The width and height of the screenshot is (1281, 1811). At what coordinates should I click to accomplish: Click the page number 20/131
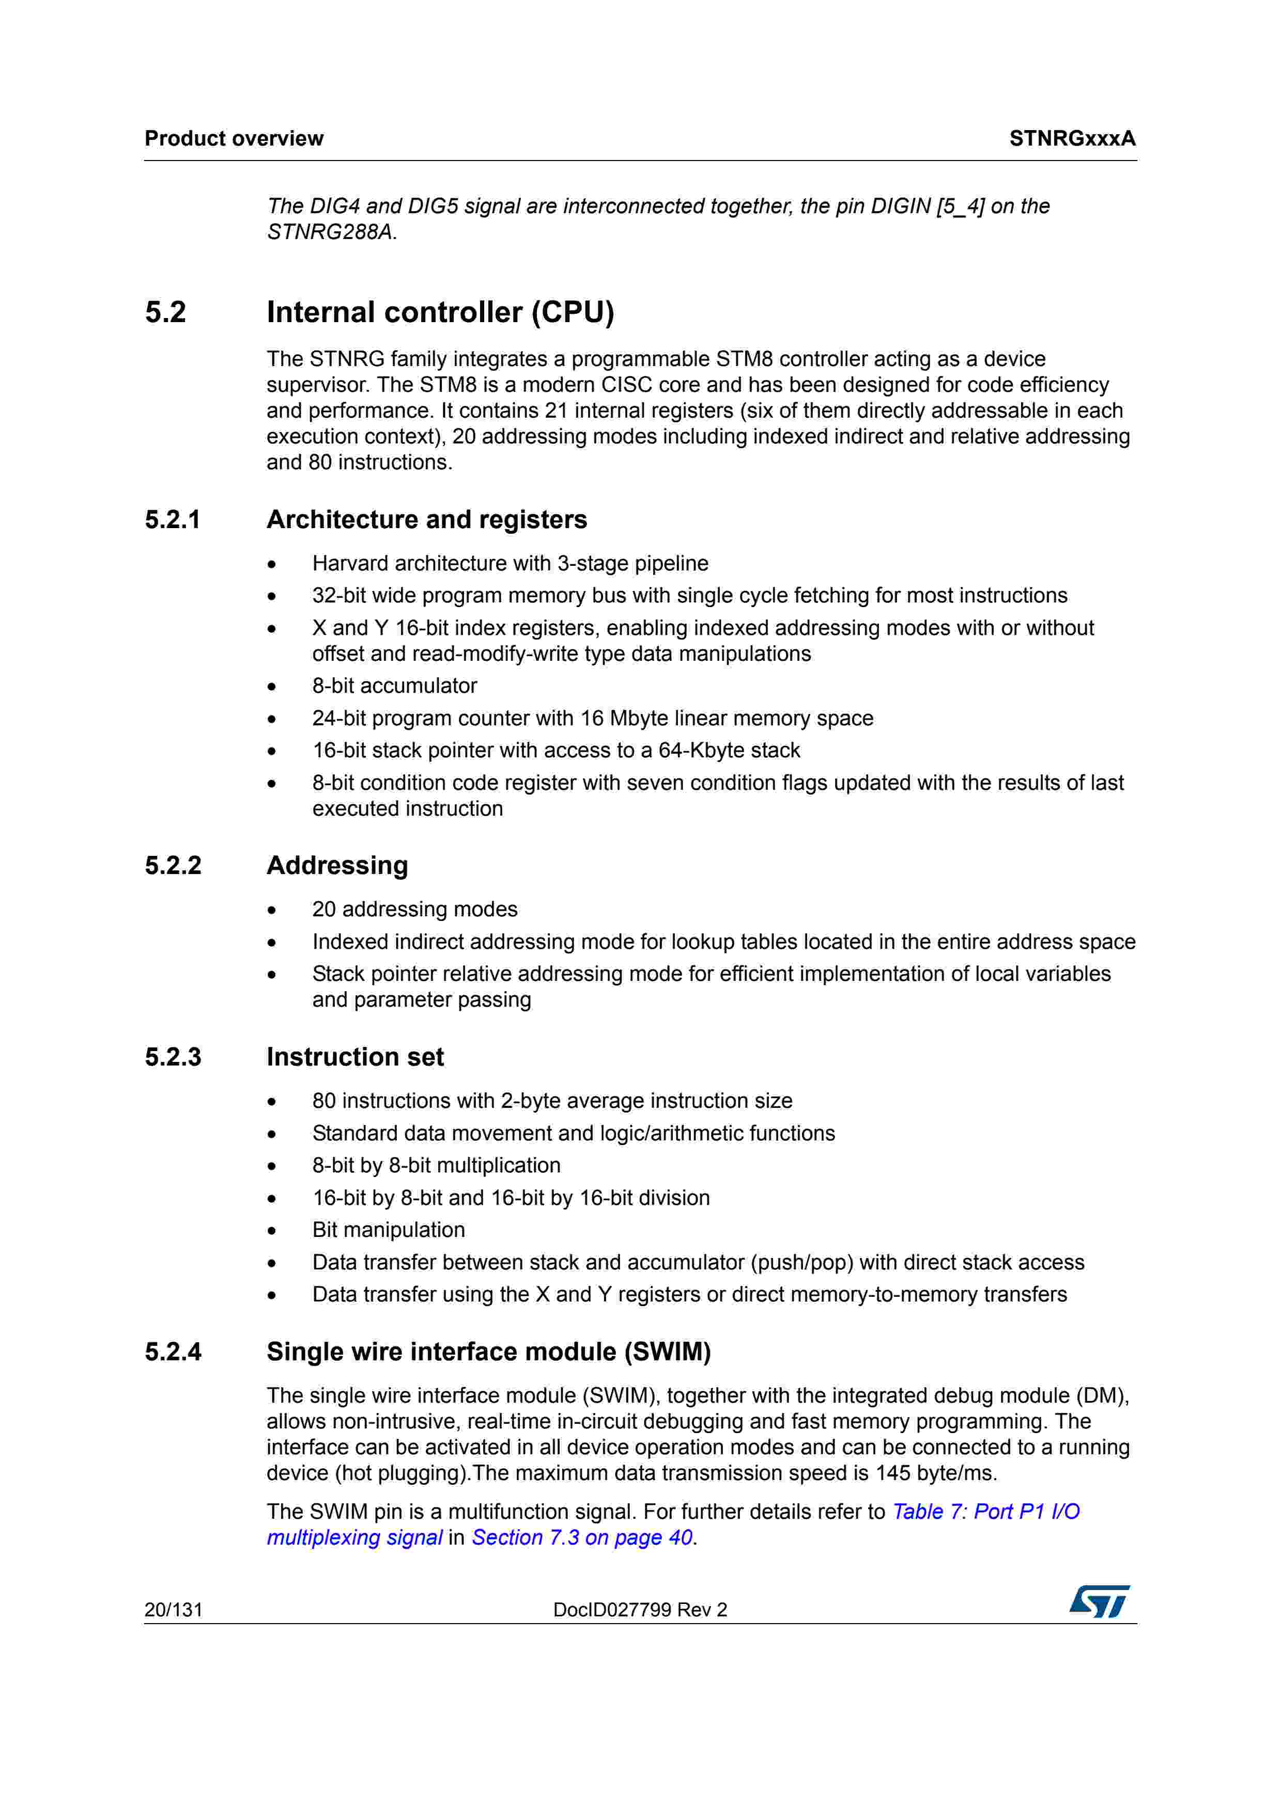(x=174, y=1610)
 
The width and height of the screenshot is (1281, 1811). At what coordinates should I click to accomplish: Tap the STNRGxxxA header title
(x=1072, y=139)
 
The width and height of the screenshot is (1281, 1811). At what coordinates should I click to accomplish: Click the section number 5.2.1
(x=173, y=520)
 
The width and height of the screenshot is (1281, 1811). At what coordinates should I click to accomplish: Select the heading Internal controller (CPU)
(x=440, y=312)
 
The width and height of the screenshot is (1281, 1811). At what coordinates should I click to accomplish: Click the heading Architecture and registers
(x=426, y=520)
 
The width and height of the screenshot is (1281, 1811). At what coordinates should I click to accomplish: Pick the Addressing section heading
(x=337, y=865)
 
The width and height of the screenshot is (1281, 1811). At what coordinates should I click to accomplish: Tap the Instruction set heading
(x=355, y=1057)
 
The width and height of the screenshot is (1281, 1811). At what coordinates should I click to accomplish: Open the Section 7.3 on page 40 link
(x=582, y=1537)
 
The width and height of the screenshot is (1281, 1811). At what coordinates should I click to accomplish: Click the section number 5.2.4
(x=173, y=1352)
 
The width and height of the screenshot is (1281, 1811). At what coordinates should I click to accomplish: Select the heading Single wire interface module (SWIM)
(x=488, y=1352)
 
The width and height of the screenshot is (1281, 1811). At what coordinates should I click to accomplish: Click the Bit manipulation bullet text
(x=388, y=1230)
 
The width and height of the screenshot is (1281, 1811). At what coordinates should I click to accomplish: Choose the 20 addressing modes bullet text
(x=414, y=910)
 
